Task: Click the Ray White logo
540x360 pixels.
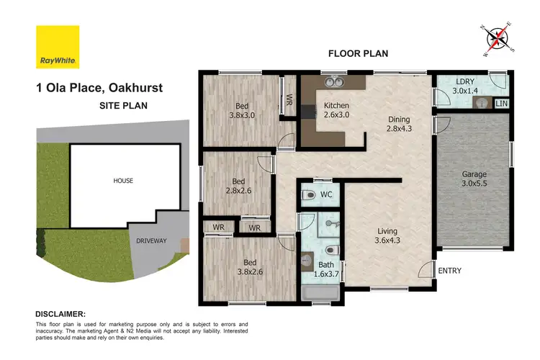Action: (x=58, y=47)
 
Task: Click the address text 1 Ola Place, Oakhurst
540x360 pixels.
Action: (x=99, y=89)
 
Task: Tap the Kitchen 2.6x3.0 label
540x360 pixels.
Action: (x=336, y=109)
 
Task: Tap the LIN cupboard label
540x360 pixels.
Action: (x=503, y=104)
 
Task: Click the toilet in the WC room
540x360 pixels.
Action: (x=308, y=194)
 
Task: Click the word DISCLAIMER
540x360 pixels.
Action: (x=60, y=315)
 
